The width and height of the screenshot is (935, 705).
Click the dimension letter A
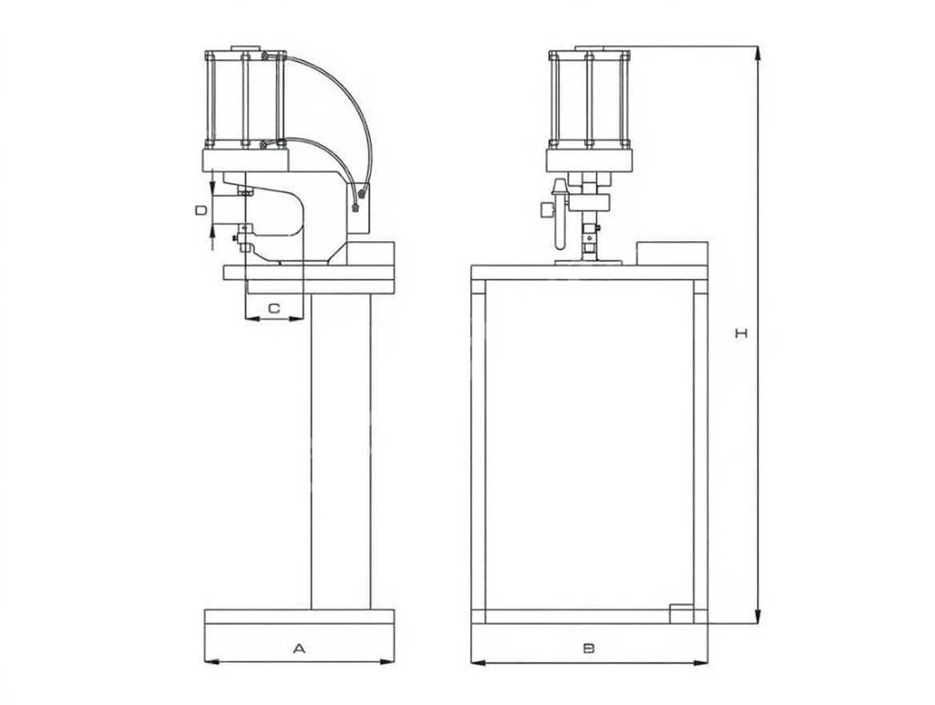point(299,648)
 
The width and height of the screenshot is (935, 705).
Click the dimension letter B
point(588,648)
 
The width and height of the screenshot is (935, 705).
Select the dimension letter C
point(274,308)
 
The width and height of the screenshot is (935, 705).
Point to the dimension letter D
point(202,210)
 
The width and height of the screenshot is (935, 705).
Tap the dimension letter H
point(740,333)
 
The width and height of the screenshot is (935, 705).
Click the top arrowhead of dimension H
point(758,53)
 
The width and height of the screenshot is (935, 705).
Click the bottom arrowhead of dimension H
point(758,617)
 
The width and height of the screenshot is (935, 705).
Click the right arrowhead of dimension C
point(297,319)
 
